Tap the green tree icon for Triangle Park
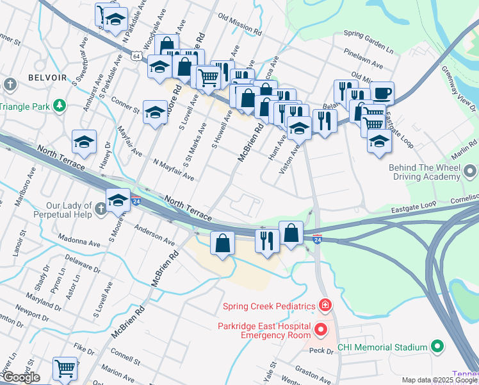[60, 105]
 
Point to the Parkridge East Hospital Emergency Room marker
[321, 330]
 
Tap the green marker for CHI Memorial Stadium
[437, 347]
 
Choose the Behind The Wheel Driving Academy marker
[471, 171]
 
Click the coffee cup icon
[382, 93]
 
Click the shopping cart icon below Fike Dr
[65, 368]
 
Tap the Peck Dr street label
[321, 350]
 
